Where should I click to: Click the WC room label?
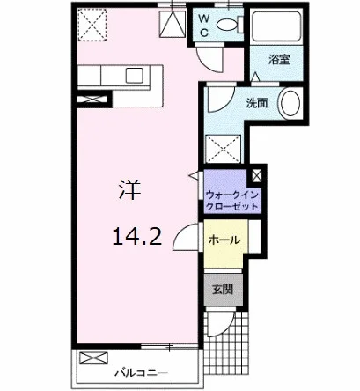click(x=204, y=26)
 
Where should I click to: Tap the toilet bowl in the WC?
click(x=226, y=25)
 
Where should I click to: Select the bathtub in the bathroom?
click(x=276, y=26)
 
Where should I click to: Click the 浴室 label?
click(x=279, y=60)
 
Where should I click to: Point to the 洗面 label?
click(x=257, y=103)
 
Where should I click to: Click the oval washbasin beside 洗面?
click(x=290, y=103)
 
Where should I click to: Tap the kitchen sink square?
click(x=134, y=75)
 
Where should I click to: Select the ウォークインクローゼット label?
click(x=231, y=201)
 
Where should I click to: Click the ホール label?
click(x=224, y=240)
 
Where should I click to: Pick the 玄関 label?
click(x=223, y=290)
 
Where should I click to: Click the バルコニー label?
click(x=142, y=373)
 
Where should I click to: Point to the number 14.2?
click(x=137, y=237)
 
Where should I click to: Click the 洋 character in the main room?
click(x=129, y=190)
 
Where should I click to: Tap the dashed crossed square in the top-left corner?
click(x=92, y=25)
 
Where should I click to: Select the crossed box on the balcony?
click(x=93, y=358)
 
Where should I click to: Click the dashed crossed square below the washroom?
click(x=224, y=149)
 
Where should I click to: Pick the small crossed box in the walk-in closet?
click(x=256, y=176)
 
